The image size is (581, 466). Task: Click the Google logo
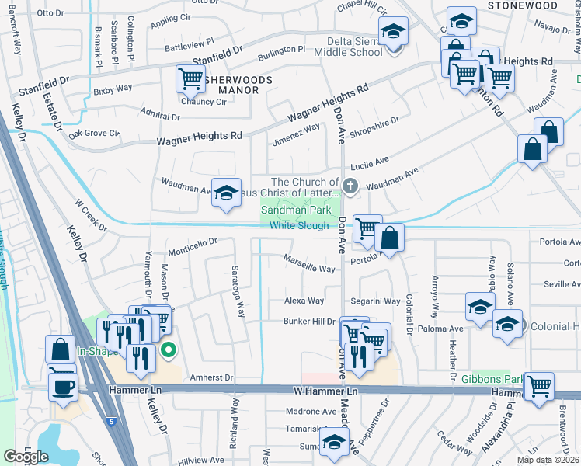[x=26, y=456]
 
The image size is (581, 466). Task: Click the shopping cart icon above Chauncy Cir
[x=190, y=78]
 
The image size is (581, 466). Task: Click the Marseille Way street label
[x=309, y=264]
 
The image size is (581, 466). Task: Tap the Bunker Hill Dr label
[x=308, y=321]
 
